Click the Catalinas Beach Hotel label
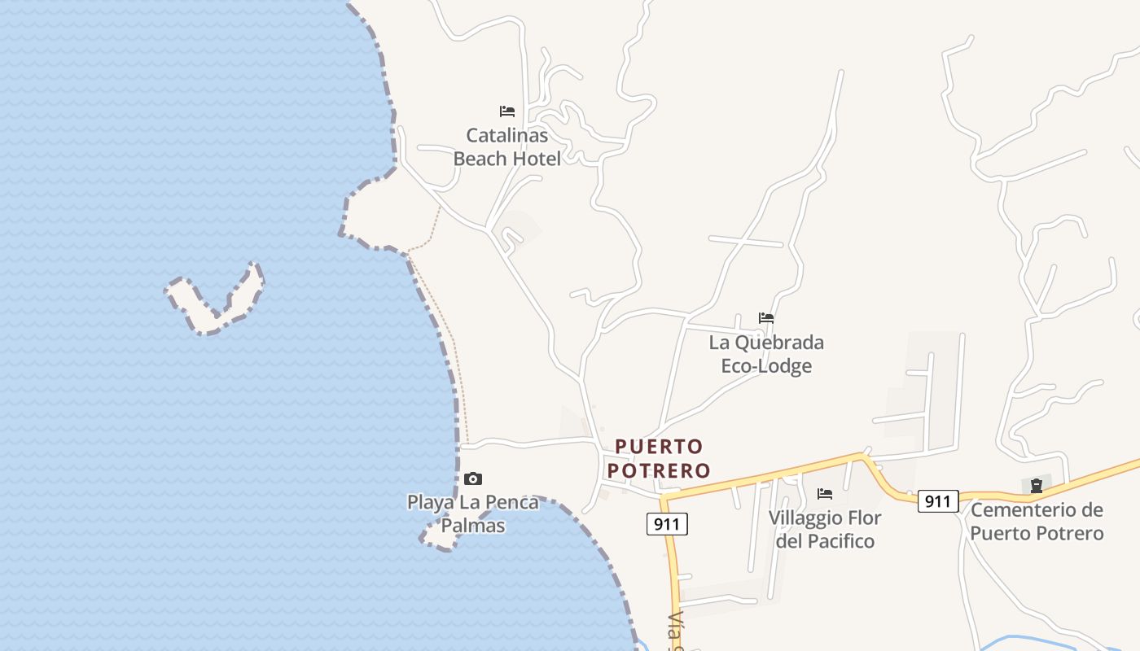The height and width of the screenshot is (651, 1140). click(506, 146)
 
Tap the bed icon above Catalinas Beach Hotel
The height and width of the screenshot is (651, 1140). click(507, 111)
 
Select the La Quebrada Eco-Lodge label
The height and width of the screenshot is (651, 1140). click(766, 354)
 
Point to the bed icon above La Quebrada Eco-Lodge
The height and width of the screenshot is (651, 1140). click(766, 318)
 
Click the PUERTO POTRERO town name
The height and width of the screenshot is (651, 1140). click(659, 458)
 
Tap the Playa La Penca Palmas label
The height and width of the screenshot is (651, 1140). click(473, 513)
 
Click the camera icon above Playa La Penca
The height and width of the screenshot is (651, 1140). click(473, 479)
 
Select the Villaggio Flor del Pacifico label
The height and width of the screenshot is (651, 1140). click(825, 529)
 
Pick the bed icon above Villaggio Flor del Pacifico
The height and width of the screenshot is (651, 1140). click(825, 494)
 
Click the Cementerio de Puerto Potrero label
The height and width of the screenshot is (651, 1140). click(1037, 522)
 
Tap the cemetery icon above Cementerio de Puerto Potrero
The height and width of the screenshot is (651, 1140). click(1037, 487)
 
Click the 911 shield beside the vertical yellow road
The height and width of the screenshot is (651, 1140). click(668, 524)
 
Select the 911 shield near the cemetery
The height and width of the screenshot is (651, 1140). click(938, 501)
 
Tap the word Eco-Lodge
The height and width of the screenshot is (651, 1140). click(766, 366)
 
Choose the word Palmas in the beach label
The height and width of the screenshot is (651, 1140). click(473, 526)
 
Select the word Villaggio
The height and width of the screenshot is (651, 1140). click(805, 518)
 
